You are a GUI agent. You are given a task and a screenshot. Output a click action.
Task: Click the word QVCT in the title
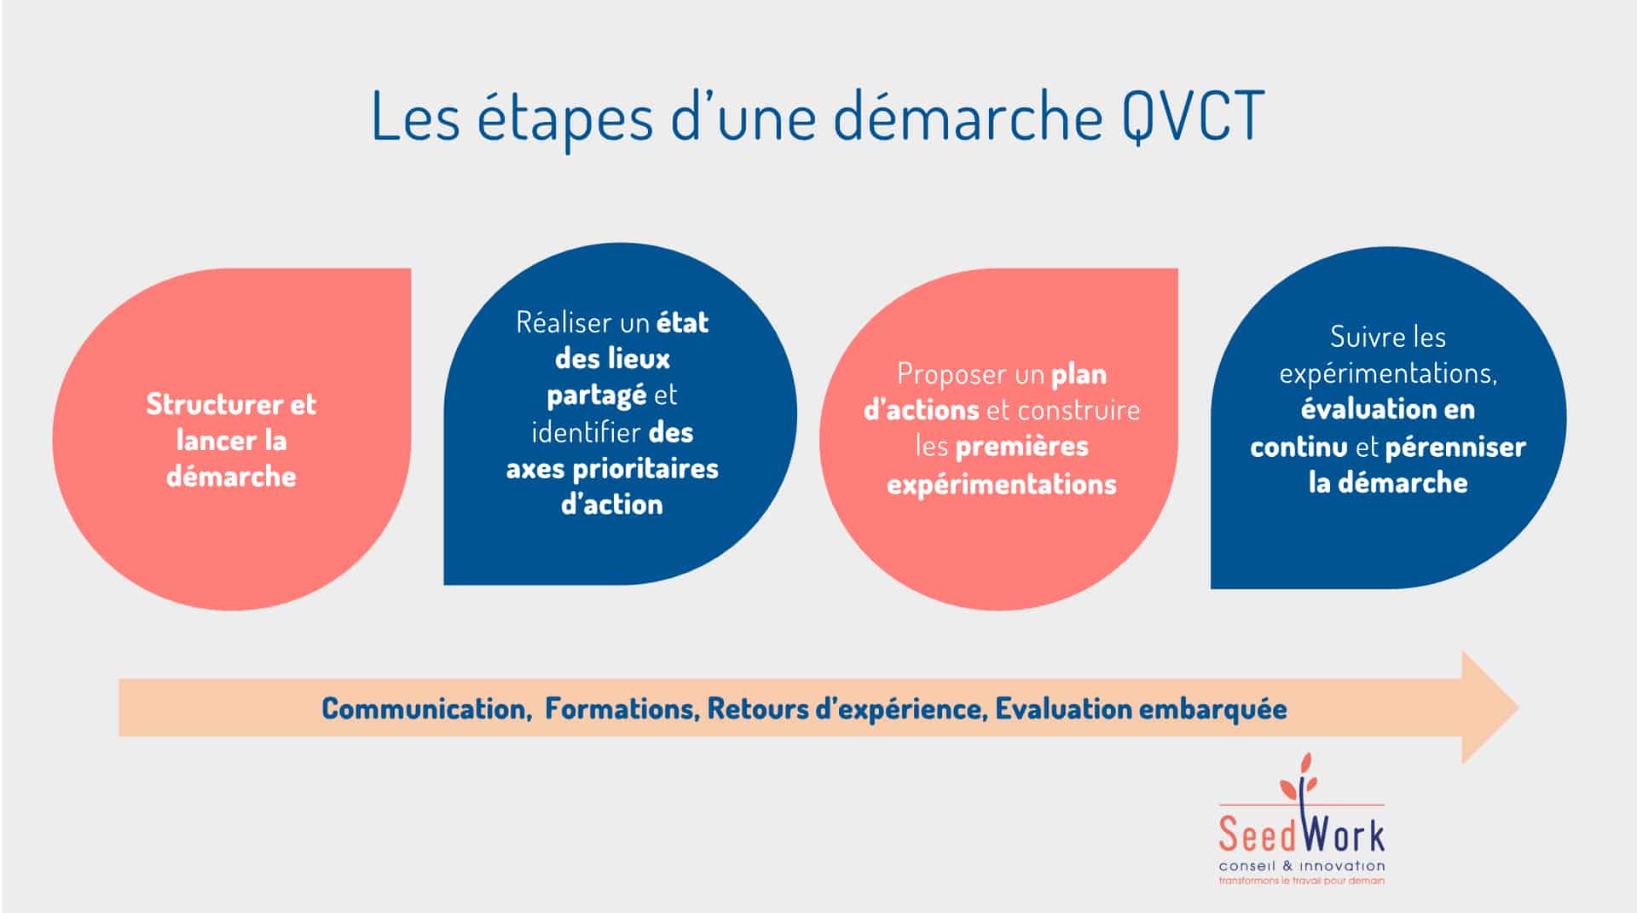tap(1193, 117)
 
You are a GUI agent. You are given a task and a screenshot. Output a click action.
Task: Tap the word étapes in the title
tap(564, 119)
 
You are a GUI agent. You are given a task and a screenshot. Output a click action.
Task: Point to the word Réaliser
tap(565, 322)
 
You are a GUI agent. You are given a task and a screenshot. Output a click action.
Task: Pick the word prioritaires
tap(645, 469)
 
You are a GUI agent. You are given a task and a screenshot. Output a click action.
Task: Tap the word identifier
tap(586, 432)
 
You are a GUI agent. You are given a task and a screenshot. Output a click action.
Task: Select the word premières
tap(1022, 446)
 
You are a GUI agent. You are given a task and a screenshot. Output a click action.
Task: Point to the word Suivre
tap(1362, 337)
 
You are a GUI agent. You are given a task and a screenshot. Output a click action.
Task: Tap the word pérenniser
tap(1455, 448)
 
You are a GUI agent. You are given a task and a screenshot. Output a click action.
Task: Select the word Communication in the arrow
tap(425, 708)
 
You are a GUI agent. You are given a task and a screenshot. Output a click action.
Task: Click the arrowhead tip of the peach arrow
tap(1518, 707)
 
